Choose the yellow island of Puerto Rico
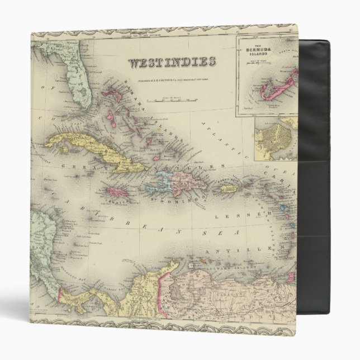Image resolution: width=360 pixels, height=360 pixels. coord(229,189)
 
